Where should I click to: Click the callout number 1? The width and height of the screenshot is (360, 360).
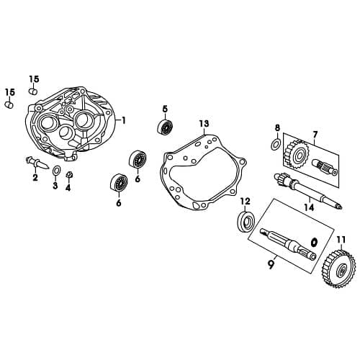coord(123,120)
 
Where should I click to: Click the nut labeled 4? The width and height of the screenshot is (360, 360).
coord(70,175)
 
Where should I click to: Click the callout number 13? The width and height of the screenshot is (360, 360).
coord(204,124)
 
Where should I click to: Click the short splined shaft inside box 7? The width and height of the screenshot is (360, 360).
coord(325,167)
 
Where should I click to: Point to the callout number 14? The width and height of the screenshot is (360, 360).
coord(309,207)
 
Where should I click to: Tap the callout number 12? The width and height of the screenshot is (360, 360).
coord(245,202)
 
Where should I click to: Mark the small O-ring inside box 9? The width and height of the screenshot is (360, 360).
coord(314,241)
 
